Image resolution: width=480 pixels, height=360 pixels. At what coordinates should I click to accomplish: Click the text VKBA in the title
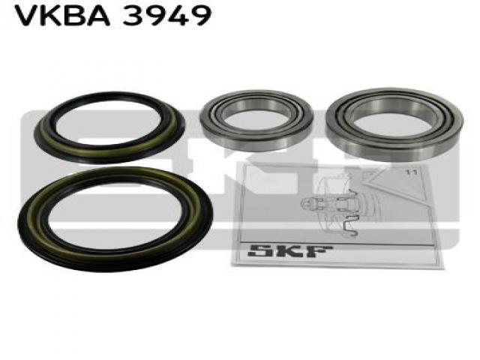(x=62, y=15)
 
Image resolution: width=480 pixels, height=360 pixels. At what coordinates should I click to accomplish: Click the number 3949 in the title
(x=167, y=15)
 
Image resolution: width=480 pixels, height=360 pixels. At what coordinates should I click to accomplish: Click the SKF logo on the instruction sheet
(x=289, y=251)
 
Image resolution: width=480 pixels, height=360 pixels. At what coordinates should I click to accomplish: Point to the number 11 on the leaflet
(x=411, y=172)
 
